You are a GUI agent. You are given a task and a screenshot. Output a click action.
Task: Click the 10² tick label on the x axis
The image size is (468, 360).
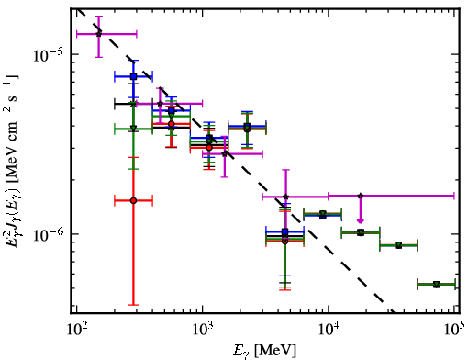(76, 330)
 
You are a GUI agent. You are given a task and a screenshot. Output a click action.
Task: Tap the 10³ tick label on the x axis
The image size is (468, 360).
(203, 330)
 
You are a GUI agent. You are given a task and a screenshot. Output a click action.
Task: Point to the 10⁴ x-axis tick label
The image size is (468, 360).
(329, 330)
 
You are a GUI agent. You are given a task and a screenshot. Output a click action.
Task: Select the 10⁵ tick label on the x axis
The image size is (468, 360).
(454, 330)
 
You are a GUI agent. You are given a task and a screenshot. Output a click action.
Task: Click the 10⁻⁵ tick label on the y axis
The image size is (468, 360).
(48, 54)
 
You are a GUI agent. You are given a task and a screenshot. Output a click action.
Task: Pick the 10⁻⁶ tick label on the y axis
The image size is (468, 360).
(48, 234)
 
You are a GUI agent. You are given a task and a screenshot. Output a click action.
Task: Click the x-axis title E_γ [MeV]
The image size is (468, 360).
(264, 351)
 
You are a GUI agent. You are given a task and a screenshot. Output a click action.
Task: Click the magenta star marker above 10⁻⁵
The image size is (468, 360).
(99, 34)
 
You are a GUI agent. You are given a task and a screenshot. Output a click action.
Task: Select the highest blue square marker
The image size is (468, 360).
(133, 76)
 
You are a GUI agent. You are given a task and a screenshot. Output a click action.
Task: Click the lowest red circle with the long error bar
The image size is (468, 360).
(133, 200)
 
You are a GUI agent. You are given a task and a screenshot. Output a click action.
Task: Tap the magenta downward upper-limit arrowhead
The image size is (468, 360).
(361, 220)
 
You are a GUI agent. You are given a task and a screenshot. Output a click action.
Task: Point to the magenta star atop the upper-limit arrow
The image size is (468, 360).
(361, 196)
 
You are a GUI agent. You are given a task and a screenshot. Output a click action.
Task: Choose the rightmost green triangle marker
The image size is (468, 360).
(437, 285)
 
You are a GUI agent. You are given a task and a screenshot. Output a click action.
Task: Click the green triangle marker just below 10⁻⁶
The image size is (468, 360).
(398, 245)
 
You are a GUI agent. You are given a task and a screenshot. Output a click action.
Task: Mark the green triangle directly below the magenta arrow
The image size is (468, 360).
(361, 232)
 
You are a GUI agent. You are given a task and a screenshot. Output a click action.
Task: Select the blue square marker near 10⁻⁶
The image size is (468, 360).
(285, 231)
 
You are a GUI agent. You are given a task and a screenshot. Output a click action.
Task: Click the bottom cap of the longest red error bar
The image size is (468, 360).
(133, 305)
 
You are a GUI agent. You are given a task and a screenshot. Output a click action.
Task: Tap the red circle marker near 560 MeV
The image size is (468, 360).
(172, 124)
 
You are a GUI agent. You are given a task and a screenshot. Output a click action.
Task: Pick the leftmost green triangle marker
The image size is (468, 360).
(133, 129)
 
